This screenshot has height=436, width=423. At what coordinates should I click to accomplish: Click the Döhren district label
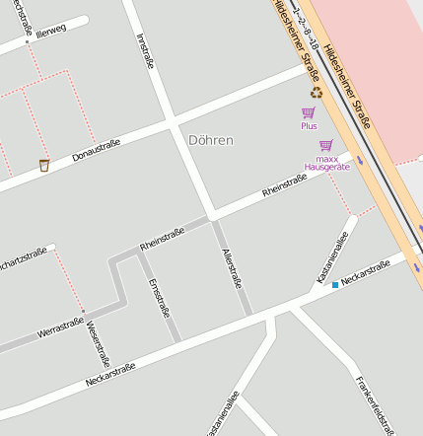(210, 140)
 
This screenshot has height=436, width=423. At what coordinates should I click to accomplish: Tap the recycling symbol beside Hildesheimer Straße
(316, 93)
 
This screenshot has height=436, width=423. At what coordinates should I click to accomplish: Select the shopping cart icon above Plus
(309, 113)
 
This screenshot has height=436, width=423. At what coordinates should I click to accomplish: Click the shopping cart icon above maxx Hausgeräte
(326, 145)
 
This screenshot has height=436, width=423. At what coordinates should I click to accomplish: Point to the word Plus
(309, 126)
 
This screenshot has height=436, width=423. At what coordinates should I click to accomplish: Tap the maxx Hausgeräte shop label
(327, 162)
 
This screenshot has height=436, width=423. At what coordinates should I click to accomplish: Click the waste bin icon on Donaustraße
(44, 165)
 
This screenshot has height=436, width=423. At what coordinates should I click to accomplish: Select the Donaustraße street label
(96, 150)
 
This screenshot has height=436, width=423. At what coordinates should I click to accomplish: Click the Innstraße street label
(146, 51)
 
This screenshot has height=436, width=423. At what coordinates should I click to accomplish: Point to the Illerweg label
(50, 31)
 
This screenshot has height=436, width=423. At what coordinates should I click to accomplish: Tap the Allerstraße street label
(232, 267)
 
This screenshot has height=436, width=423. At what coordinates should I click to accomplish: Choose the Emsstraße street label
(158, 297)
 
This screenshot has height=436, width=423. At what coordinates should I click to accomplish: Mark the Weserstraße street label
(98, 344)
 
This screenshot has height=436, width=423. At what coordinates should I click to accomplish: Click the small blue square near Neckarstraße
(335, 285)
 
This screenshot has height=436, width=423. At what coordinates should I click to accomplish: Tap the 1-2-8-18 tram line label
(293, 24)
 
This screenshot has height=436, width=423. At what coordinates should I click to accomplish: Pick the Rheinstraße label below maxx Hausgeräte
(284, 184)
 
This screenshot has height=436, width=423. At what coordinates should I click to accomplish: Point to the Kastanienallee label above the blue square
(332, 258)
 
